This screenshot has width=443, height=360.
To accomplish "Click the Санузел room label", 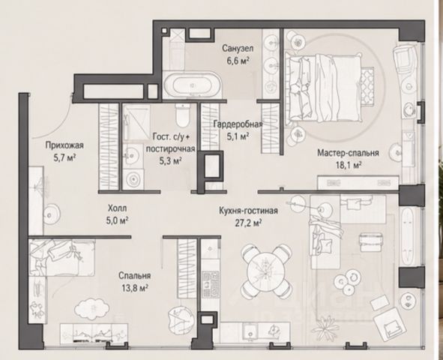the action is coord(238,48).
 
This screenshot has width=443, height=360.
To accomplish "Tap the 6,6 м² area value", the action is coord(238,61).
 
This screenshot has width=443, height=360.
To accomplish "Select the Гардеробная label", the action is coord(238,124).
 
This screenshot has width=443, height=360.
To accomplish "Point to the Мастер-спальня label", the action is coord(348,153).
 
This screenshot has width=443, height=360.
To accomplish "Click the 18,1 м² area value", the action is coord(349,165).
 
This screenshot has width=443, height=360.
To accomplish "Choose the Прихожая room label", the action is coord(64,145).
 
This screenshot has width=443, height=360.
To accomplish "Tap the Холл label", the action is coord(117,208).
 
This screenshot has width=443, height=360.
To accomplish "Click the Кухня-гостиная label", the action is coord(248,211).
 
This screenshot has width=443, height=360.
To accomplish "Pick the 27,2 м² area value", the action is coord(248,223).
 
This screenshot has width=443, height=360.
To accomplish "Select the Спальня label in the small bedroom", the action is coord(134,275).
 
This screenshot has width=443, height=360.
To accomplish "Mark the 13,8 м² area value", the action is coord(134,288).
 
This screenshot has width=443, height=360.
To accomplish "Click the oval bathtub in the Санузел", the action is coord(193,85).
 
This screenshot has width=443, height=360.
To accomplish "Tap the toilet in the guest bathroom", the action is coord(182,115).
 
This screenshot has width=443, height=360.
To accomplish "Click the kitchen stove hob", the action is coord(210,283).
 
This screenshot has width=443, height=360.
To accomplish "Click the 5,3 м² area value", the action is coord(170,160).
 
